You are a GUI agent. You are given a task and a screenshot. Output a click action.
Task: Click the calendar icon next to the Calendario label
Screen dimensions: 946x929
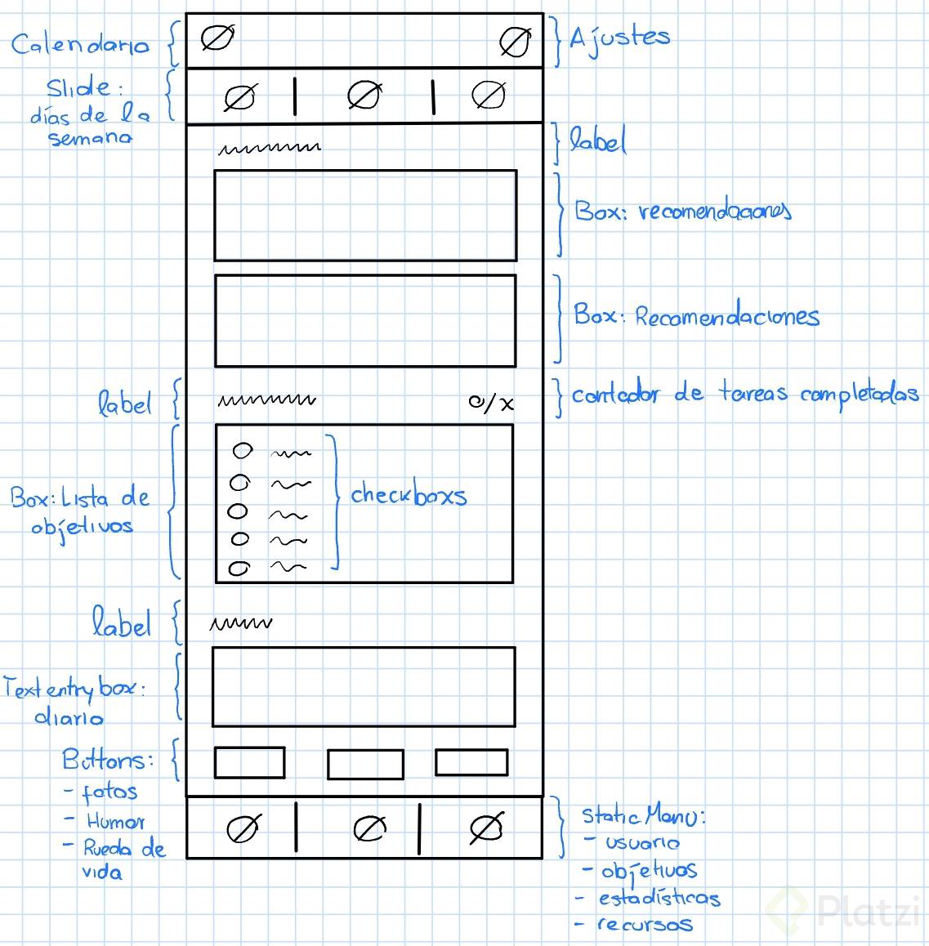(x=217, y=38)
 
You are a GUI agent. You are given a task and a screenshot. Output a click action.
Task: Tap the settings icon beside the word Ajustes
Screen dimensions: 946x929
(x=515, y=42)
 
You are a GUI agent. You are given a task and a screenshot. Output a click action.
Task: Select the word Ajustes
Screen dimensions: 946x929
(x=619, y=38)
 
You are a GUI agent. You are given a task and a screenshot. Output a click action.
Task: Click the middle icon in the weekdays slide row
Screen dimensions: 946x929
(x=364, y=96)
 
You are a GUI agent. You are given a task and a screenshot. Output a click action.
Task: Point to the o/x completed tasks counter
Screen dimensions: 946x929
(x=491, y=402)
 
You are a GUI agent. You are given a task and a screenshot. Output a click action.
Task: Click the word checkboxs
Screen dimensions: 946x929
(x=409, y=494)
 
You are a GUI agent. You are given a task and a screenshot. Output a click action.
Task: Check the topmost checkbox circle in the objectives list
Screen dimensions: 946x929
(x=243, y=450)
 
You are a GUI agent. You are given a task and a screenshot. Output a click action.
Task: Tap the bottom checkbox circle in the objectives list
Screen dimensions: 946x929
(x=239, y=568)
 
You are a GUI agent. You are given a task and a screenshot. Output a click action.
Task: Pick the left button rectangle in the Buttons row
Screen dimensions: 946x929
(x=249, y=762)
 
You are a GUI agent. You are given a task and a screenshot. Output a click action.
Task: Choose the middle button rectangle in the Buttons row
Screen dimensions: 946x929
(x=365, y=765)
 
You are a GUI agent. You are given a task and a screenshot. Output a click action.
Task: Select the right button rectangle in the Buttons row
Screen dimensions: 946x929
(x=471, y=761)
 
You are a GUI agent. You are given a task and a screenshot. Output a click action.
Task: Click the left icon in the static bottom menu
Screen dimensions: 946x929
(x=242, y=830)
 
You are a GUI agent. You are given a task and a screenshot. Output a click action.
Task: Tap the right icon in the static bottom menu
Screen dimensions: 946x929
(x=486, y=828)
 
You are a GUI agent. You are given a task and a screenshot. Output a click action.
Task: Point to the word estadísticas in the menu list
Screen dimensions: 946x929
(x=659, y=898)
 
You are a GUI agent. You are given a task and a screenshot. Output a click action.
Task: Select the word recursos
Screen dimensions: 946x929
(x=645, y=925)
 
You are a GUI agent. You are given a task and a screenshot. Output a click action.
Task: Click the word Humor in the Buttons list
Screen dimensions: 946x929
(x=116, y=821)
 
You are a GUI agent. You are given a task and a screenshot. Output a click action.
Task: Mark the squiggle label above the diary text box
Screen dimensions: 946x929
(x=240, y=624)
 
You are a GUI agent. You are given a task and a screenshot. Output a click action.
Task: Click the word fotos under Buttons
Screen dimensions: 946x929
(x=109, y=792)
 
